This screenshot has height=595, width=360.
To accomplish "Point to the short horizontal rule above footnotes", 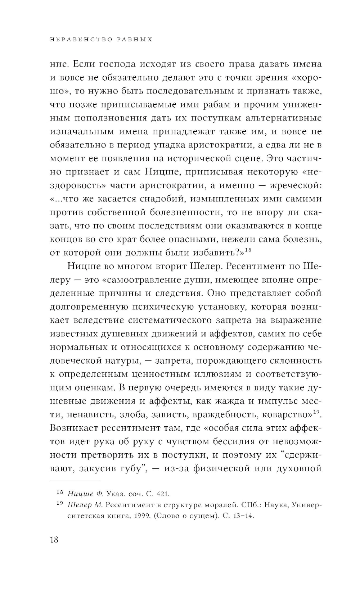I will (74, 481).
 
